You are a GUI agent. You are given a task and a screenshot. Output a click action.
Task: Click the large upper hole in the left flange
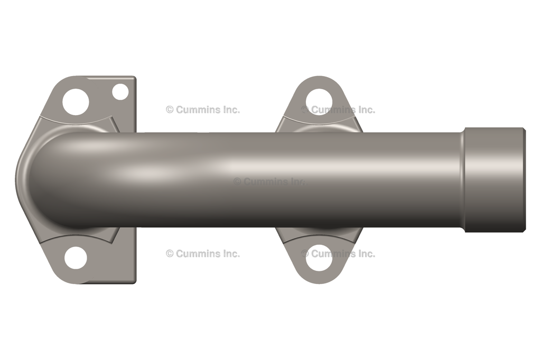[x=76, y=102]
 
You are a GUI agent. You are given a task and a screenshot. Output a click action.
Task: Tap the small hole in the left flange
[x=120, y=92]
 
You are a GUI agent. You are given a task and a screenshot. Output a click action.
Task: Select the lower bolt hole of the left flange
[x=76, y=258]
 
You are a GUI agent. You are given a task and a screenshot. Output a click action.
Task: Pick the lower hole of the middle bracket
[x=319, y=257]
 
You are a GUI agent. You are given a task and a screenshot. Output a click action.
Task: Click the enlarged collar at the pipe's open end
[x=495, y=179]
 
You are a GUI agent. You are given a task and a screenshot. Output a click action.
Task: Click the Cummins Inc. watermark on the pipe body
[x=270, y=182]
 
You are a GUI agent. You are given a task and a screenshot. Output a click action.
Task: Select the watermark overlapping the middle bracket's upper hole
[x=338, y=110]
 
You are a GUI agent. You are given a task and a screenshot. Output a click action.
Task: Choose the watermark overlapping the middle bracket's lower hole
[x=338, y=254]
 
